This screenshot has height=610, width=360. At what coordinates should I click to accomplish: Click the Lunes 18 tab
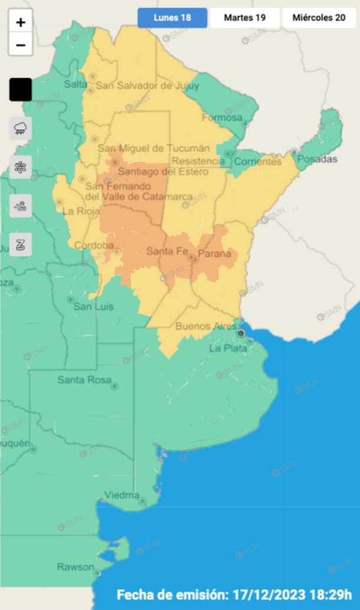click(172, 18)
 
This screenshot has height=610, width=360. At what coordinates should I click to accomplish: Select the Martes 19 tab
click(244, 18)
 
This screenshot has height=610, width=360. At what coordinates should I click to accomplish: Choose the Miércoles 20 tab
click(319, 18)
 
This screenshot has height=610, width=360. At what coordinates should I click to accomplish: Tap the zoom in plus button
click(21, 22)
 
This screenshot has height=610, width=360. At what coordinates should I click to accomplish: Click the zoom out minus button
click(21, 45)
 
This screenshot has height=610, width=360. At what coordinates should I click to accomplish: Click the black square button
click(21, 90)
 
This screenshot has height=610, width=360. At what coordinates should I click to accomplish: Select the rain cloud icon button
click(21, 128)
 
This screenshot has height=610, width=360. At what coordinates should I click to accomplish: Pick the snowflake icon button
click(21, 167)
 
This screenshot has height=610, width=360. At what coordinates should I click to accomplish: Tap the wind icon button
click(21, 206)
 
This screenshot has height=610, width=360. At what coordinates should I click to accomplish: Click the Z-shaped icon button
click(21, 245)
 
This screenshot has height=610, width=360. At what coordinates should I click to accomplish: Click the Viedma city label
click(122, 494)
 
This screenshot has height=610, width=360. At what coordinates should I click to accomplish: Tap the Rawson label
click(75, 567)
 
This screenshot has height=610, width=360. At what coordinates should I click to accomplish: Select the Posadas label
click(318, 159)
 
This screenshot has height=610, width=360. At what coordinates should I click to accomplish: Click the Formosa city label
click(222, 117)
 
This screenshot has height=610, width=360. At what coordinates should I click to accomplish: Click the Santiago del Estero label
click(163, 172)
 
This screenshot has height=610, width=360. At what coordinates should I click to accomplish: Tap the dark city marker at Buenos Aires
click(241, 334)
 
